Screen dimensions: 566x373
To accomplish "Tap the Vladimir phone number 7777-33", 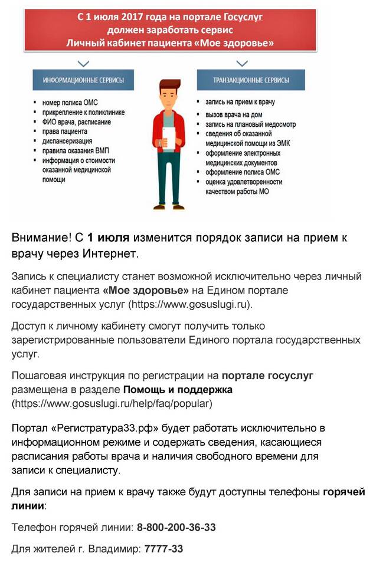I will coord(163,549).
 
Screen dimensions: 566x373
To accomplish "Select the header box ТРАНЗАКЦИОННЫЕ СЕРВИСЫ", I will coord(250,80).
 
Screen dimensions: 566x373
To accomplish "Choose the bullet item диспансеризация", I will coord(67,141).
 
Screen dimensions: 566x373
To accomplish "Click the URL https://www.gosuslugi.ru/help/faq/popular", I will coord(112,404).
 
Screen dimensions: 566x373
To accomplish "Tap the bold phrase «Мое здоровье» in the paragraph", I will coord(145,291).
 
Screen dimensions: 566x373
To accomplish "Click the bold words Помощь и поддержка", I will coord(178,390).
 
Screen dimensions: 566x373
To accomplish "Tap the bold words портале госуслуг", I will coord(267,376).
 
